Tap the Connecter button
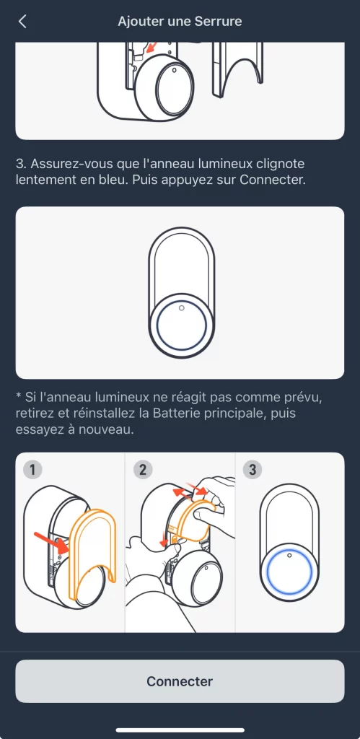(180, 681)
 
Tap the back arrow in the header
(22, 21)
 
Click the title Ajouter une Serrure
(180, 21)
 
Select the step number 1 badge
(32, 470)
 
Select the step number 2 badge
(143, 470)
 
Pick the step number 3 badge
(253, 470)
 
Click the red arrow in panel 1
(52, 542)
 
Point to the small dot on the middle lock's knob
(181, 307)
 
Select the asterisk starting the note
(19, 397)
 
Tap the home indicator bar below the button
(180, 730)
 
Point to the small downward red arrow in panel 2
(164, 540)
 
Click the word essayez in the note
(36, 430)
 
